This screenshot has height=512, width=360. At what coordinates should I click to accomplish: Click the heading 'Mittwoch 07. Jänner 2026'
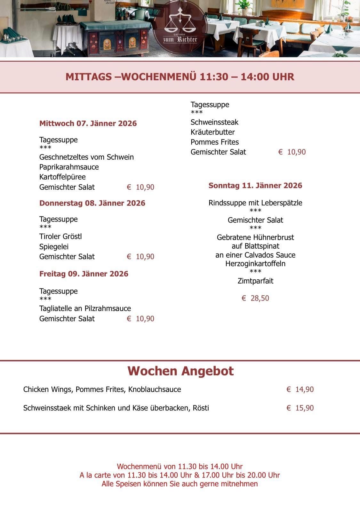coord(88,124)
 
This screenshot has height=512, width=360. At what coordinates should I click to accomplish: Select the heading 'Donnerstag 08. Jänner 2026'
coord(92,203)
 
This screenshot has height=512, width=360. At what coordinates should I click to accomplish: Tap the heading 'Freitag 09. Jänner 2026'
coord(84,274)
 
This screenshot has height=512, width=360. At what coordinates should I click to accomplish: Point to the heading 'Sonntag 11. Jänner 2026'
coord(255,186)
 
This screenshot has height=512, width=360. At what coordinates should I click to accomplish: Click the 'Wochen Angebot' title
coord(180,371)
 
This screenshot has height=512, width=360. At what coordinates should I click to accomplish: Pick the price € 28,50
coord(255,298)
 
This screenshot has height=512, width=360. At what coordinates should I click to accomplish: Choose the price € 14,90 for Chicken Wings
coord(300,389)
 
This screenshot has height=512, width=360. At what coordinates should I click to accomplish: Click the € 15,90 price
coord(300,408)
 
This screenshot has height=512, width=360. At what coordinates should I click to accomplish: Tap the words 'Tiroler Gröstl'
coord(60,236)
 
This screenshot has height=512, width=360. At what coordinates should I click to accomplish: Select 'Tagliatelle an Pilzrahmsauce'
coord(85,308)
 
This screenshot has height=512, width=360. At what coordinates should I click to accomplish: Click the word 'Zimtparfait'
coord(255,281)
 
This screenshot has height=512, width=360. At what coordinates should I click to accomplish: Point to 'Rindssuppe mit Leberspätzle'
coord(255,203)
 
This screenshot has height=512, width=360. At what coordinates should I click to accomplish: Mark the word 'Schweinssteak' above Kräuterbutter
coord(214,122)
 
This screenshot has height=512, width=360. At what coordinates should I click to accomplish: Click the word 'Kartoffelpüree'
coord(62,177)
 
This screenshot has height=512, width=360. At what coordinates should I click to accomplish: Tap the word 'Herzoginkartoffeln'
coord(255,264)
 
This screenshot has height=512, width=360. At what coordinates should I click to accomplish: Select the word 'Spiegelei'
coord(54,247)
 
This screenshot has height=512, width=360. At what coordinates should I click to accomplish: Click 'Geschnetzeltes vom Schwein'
coord(86,157)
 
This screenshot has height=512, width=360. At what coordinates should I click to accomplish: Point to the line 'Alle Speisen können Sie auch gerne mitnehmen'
coord(180,484)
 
